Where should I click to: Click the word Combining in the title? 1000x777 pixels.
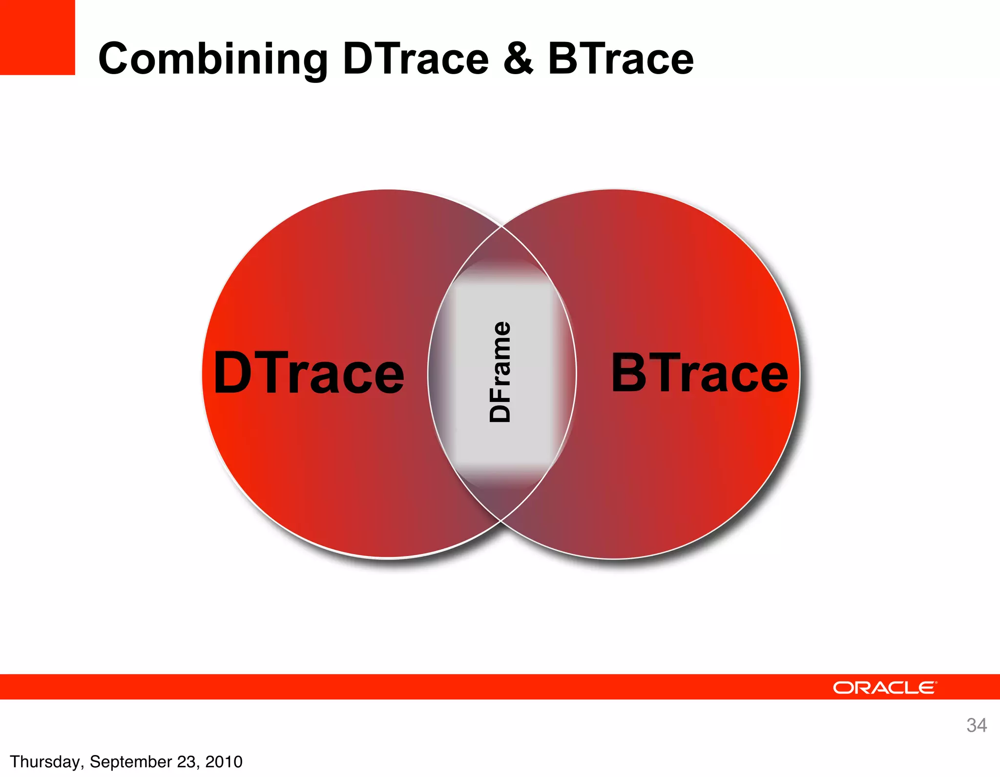[213, 60]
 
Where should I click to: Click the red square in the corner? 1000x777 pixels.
[37, 37]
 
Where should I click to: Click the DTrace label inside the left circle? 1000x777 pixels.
[309, 373]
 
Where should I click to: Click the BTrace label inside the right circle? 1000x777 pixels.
[699, 373]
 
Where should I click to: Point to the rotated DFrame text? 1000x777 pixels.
[500, 372]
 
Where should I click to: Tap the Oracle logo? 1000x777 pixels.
[884, 687]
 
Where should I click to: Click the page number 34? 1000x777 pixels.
[976, 725]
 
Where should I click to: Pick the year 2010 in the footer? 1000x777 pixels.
[224, 761]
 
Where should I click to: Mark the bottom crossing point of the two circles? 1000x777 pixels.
[501, 520]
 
